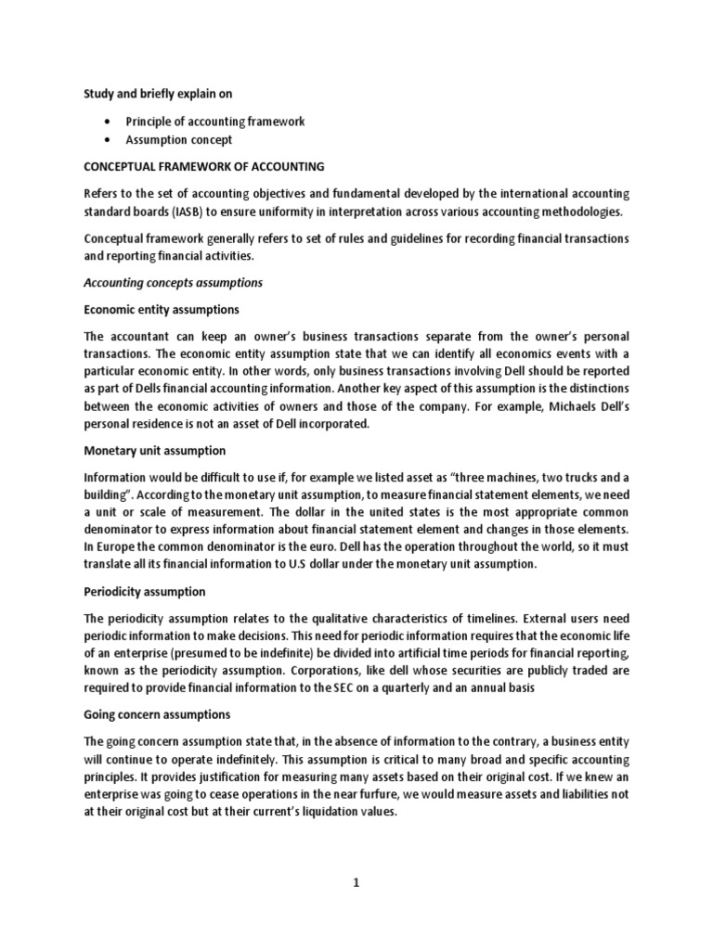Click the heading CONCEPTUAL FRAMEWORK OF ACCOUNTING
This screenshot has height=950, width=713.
(x=204, y=167)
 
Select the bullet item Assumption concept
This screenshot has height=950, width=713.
(x=180, y=140)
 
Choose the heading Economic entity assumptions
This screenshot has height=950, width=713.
(x=162, y=309)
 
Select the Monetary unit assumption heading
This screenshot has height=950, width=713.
(x=155, y=450)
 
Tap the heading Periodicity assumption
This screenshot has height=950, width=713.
(x=145, y=591)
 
